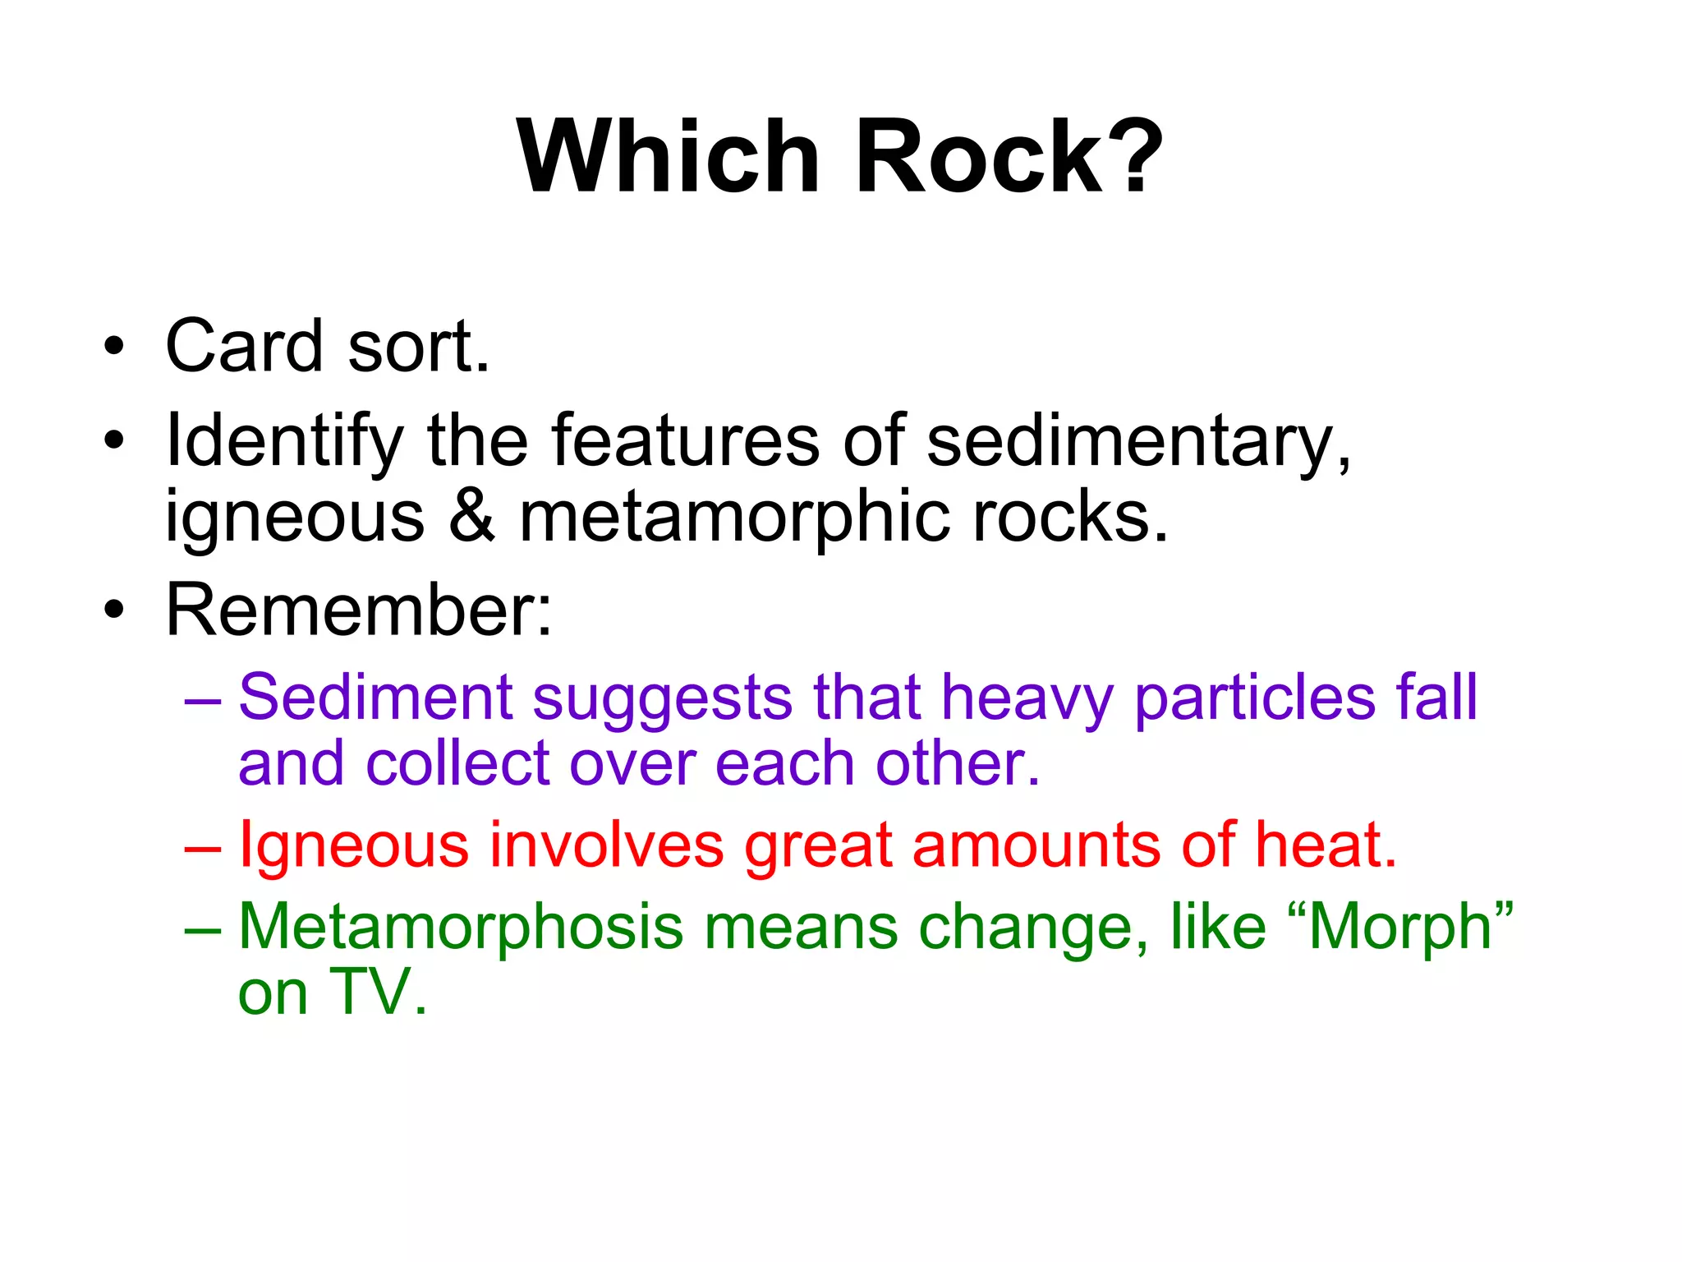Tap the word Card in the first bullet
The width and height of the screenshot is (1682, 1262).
click(x=244, y=346)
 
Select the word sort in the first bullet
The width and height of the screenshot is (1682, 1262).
click(x=418, y=348)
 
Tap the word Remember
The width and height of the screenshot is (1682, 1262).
click(x=358, y=610)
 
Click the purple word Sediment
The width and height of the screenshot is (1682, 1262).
click(x=375, y=698)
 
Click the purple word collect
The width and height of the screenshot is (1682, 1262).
click(x=457, y=763)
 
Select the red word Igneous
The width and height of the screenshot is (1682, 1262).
click(x=354, y=845)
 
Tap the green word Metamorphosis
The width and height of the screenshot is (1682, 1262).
click(x=460, y=928)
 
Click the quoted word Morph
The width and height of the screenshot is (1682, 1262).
click(x=1400, y=928)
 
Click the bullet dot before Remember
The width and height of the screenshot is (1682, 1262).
click(x=114, y=610)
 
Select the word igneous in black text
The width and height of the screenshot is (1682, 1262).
click(x=295, y=518)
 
